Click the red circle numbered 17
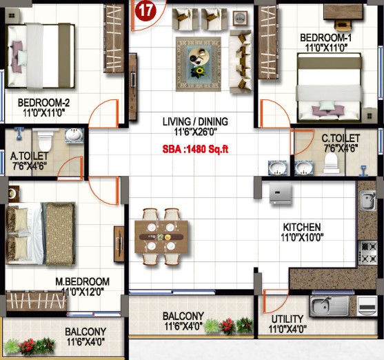click(x=145, y=10)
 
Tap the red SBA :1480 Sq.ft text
click(x=195, y=149)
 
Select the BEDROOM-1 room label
click(x=325, y=38)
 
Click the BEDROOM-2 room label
click(x=43, y=103)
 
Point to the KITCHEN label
click(x=302, y=227)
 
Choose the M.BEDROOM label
click(x=82, y=281)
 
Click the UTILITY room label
click(x=287, y=319)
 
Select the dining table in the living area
click(x=161, y=237)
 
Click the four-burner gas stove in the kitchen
click(x=367, y=252)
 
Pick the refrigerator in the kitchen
click(x=281, y=193)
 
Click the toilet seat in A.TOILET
click(x=45, y=141)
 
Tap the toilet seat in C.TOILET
click(x=331, y=163)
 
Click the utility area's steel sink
click(x=330, y=306)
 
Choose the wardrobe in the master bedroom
click(x=37, y=301)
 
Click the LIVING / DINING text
click(x=195, y=121)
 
